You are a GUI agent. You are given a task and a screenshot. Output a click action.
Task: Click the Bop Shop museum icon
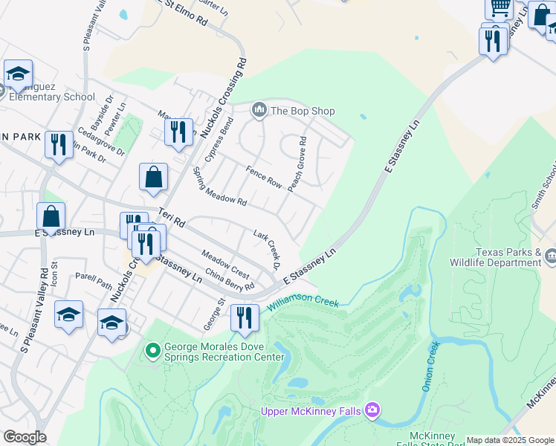pos(259,111)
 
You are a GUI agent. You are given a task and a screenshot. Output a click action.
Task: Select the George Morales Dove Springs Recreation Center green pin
pos(152,349)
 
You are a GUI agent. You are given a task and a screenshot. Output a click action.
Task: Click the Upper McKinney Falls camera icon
pos(372,410)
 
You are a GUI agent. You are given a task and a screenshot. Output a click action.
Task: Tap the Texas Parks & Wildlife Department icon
pos(551,256)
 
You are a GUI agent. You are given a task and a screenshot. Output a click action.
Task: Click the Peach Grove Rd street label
pos(297,164)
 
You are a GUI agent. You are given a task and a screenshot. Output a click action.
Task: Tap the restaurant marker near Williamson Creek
pos(244,317)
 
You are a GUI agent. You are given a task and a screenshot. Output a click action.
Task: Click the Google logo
pos(24,437)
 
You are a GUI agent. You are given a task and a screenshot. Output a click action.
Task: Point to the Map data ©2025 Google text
pos(510,440)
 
